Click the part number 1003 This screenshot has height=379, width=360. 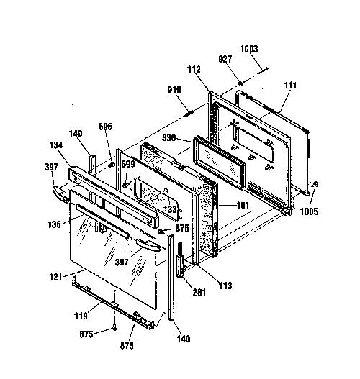tap(249, 49)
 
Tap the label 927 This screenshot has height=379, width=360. tap(225, 59)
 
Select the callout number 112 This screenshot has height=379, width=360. tap(194, 70)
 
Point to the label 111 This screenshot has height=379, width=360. tap(290, 86)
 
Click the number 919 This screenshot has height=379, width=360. tap(174, 90)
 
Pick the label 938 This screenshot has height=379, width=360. tap(169, 137)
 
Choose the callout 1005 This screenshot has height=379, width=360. tap(309, 211)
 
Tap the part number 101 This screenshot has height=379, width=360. tap(243, 205)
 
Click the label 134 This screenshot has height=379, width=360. tap(56, 145)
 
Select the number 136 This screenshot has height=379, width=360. tap(54, 224)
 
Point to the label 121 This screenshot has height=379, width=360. tap(55, 277)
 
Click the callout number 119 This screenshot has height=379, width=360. tap(81, 316)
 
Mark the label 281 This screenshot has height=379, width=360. tap(199, 292)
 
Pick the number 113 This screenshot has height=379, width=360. tap(225, 286)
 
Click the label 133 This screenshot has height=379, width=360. tap(170, 209)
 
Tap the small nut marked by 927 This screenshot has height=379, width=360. tap(240, 83)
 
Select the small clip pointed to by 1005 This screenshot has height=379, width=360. tap(315, 184)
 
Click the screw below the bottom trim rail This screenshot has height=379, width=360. tap(114, 328)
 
